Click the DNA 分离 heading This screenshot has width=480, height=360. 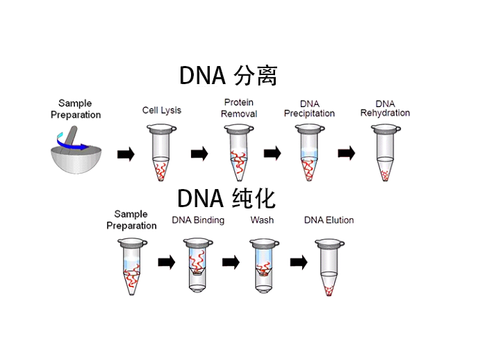(229, 75)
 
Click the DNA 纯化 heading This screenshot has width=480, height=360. (226, 198)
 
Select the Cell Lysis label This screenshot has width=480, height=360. (161, 110)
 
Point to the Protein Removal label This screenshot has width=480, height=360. (239, 108)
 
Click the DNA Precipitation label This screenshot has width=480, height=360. (309, 108)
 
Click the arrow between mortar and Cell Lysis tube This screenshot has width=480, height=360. (126, 154)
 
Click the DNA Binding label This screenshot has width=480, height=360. (198, 220)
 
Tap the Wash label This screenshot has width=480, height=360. (262, 220)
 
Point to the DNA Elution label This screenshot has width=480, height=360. (329, 220)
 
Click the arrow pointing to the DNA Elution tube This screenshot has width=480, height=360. (299, 262)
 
